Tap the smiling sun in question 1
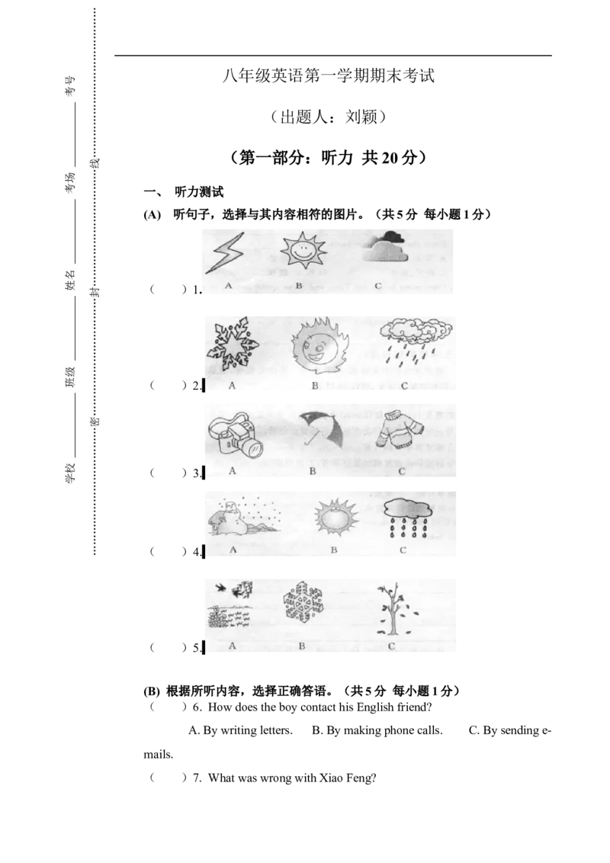(x=303, y=251)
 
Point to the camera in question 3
(x=236, y=435)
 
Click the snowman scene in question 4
(x=242, y=518)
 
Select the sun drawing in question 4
(x=335, y=518)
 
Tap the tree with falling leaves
(x=395, y=610)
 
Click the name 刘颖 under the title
(x=361, y=117)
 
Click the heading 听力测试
(x=199, y=192)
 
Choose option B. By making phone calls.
(x=377, y=730)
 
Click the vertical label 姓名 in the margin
(x=70, y=280)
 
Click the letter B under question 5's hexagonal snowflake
(x=302, y=646)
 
